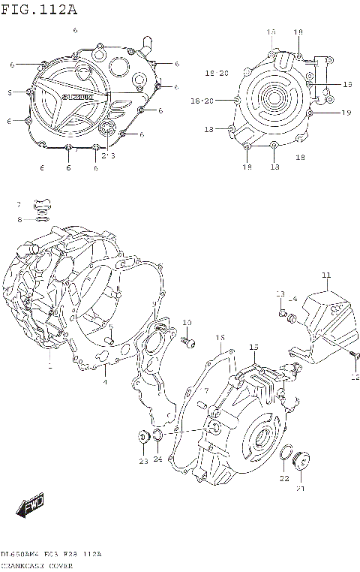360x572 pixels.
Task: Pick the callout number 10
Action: (x=187, y=323)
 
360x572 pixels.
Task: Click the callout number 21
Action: (x=301, y=489)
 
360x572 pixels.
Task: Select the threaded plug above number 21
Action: (x=301, y=459)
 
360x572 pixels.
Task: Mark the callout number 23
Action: (x=142, y=461)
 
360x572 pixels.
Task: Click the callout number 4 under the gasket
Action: (x=104, y=382)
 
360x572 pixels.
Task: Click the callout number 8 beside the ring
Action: (x=19, y=218)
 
